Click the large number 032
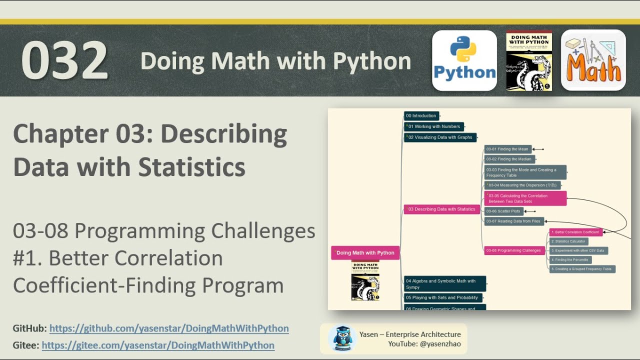tap(64, 60)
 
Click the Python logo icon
tap(464, 60)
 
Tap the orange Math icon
tap(593, 60)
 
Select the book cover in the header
tap(528, 60)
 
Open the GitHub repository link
tap(169, 328)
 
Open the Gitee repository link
tap(158, 345)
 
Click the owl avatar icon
tap(342, 338)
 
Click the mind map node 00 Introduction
tap(421, 116)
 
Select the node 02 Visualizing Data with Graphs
tap(440, 137)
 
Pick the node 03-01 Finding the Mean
tap(507, 149)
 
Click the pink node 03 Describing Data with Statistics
tap(441, 209)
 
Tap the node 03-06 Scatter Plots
tap(503, 211)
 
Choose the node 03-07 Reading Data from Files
tap(513, 221)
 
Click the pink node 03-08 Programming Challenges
tap(513, 250)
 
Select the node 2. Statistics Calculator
tap(569, 241)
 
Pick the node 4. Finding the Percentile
tap(570, 260)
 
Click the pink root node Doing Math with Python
tap(365, 252)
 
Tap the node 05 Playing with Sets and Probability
tap(442, 297)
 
